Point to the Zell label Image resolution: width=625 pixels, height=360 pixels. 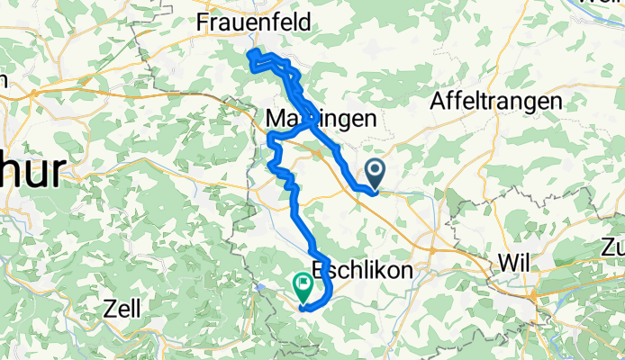[x=121, y=309]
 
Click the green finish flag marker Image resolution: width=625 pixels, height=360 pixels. [x=303, y=286]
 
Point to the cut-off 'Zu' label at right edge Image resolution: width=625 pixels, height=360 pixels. [x=612, y=246]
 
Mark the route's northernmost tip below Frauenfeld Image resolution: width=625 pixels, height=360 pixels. [x=250, y=55]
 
